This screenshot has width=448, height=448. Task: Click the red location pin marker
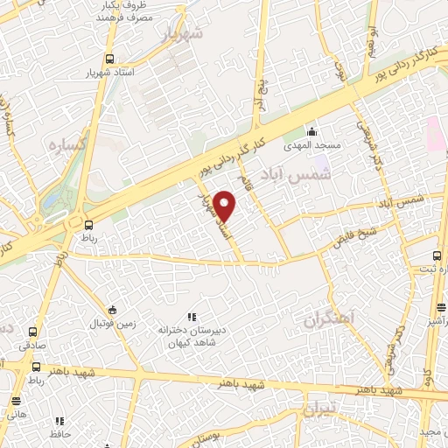coord(226,206)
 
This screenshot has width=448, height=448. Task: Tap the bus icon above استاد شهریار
coord(108,59)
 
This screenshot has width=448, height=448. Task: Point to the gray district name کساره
coord(66,144)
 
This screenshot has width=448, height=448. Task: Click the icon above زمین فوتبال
coord(111,310)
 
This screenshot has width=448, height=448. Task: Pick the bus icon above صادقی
coord(33,332)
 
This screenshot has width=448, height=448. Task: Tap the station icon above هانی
coord(16,401)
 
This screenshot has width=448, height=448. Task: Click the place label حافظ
coord(58,433)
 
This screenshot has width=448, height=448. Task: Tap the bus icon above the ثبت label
coord(437,256)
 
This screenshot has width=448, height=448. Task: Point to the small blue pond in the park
coord(52,200)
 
